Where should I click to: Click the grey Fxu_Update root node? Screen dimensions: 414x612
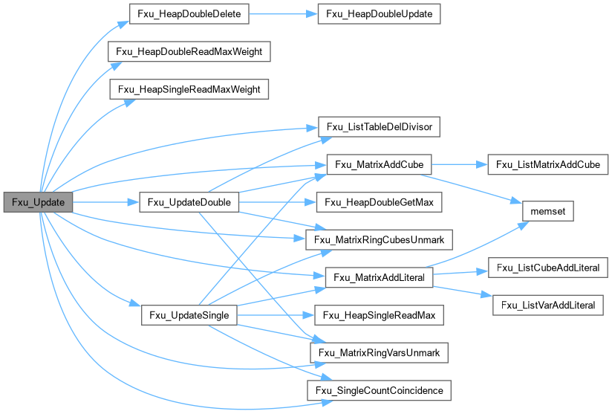pyautogui.click(x=38, y=202)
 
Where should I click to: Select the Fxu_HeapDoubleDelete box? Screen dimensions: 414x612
pyautogui.click(x=189, y=13)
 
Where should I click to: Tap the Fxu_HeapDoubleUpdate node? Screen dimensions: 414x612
pyautogui.click(x=380, y=13)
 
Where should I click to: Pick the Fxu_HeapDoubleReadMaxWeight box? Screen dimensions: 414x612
pyautogui.click(x=189, y=51)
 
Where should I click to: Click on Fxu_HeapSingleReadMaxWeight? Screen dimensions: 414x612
pyautogui.click(x=189, y=89)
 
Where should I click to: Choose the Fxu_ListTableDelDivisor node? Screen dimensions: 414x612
pyautogui.click(x=380, y=127)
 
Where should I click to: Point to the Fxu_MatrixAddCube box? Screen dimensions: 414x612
pyautogui.click(x=380, y=164)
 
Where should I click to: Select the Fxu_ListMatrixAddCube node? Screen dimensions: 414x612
pyautogui.click(x=547, y=164)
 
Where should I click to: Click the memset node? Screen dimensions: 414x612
pyautogui.click(x=547, y=212)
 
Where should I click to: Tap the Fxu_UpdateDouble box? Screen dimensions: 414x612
pyautogui.click(x=189, y=202)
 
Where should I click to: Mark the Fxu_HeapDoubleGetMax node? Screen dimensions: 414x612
pyautogui.click(x=380, y=202)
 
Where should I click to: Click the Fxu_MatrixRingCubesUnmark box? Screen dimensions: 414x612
pyautogui.click(x=380, y=240)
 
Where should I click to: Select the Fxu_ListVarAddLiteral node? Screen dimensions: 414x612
pyautogui.click(x=547, y=305)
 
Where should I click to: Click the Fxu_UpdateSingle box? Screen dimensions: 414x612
pyautogui.click(x=189, y=315)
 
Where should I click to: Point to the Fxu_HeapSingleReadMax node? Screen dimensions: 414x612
pyautogui.click(x=380, y=315)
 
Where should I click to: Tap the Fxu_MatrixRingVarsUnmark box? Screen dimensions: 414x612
pyautogui.click(x=380, y=352)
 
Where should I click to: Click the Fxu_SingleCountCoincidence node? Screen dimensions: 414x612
pyautogui.click(x=380, y=390)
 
